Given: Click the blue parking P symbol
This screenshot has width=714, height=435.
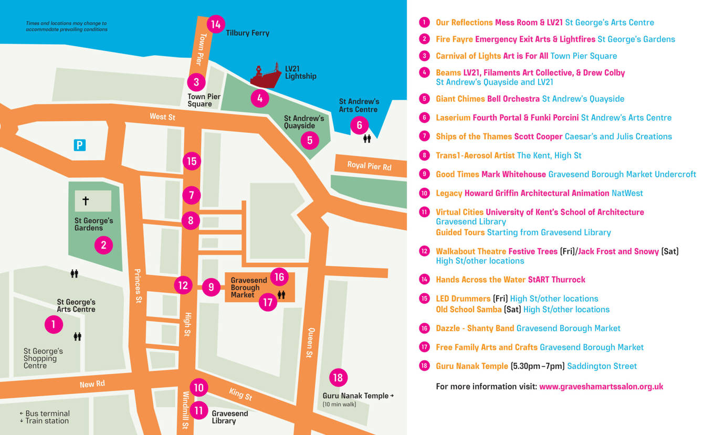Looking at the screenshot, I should [x=79, y=145].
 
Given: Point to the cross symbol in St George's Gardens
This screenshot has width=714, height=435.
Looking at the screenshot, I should [x=86, y=200].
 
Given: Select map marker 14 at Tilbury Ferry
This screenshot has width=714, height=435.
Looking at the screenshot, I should [x=216, y=24].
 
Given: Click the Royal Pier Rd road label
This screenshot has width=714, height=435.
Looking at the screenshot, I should [x=369, y=166].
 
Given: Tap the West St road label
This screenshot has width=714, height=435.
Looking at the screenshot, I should [x=162, y=116].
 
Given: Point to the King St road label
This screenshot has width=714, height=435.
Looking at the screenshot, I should [x=240, y=394].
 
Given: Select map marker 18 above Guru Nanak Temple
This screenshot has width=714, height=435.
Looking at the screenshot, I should [x=338, y=377].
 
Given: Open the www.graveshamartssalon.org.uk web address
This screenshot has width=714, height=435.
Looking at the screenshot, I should [x=601, y=387].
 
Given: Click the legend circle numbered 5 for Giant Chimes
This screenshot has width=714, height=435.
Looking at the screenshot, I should [x=424, y=99].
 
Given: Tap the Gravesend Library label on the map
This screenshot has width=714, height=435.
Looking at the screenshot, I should [x=229, y=417].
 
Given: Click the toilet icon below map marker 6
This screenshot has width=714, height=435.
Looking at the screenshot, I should [x=367, y=139].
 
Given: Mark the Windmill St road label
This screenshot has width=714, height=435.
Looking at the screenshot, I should [x=185, y=410].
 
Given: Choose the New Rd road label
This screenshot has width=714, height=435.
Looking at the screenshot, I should [x=92, y=384].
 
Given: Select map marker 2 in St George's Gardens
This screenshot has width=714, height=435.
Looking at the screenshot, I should [x=103, y=245].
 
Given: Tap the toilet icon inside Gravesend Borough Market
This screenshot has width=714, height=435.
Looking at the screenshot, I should [x=281, y=295].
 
